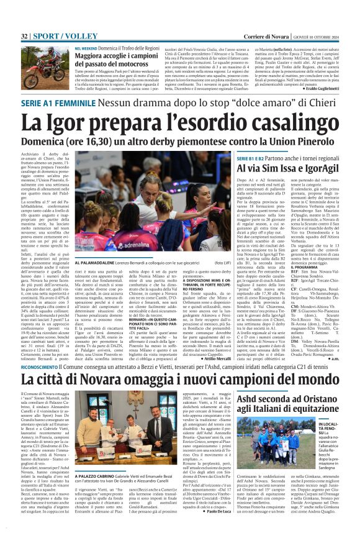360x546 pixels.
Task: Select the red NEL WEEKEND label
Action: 88,48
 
